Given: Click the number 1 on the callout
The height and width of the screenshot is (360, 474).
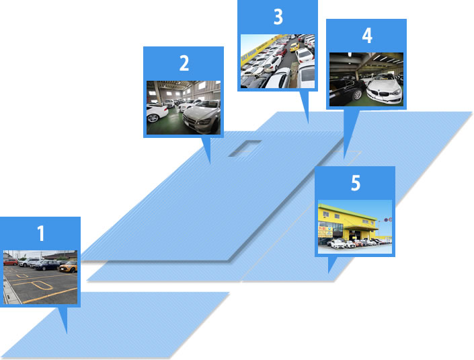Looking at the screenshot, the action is click(41, 233).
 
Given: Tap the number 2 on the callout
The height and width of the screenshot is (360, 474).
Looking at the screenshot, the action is click(184, 63).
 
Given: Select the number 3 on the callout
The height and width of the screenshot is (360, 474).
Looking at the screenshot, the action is click(278, 17).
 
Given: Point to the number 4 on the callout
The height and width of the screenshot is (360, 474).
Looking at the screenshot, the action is click(367, 36).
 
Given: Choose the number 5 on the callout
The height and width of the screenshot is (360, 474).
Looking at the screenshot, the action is click(356, 183).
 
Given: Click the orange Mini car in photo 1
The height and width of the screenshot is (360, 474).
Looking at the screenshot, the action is click(68, 266).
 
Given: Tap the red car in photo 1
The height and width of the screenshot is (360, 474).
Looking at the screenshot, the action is click(10, 262).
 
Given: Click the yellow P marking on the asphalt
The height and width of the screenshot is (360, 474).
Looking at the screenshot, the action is click(39, 285).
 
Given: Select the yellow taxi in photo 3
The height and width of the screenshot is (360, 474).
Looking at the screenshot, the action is click(294, 47).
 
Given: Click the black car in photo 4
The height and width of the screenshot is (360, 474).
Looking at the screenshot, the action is click(347, 89).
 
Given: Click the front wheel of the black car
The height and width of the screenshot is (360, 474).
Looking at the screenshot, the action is click(357, 95).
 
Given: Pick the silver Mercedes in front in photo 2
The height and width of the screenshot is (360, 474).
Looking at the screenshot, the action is click(202, 117).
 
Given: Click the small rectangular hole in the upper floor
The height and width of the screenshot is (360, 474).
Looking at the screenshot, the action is click(245, 148).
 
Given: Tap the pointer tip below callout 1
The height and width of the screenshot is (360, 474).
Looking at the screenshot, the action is click(67, 333).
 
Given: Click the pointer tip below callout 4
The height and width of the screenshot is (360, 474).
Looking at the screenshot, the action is click(344, 159).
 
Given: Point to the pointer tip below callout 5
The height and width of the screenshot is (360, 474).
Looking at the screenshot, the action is click(329, 273).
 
